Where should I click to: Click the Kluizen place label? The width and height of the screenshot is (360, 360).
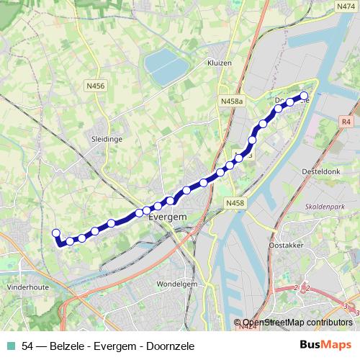pyautogui.click(x=219, y=63)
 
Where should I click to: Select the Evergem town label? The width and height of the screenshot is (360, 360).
pyautogui.click(x=167, y=217)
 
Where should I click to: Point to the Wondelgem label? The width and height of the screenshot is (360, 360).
pyautogui.click(x=176, y=284)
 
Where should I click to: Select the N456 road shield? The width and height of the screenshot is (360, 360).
pyautogui.click(x=94, y=86)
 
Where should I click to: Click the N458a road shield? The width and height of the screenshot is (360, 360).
pyautogui.click(x=233, y=102)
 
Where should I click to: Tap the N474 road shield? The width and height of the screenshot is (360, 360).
pyautogui.click(x=346, y=6)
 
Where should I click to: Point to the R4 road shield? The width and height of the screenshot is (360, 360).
pyautogui.click(x=346, y=122)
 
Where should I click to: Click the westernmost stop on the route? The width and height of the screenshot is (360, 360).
pyautogui.click(x=55, y=233)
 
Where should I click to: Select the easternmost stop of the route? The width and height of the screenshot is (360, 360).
pyautogui.click(x=304, y=96)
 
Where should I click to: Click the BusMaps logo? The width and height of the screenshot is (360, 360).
pyautogui.click(x=325, y=345)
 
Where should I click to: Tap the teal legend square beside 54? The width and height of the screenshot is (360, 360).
pyautogui.click(x=11, y=346)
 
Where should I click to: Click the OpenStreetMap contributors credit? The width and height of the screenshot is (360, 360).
pyautogui.click(x=297, y=323)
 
